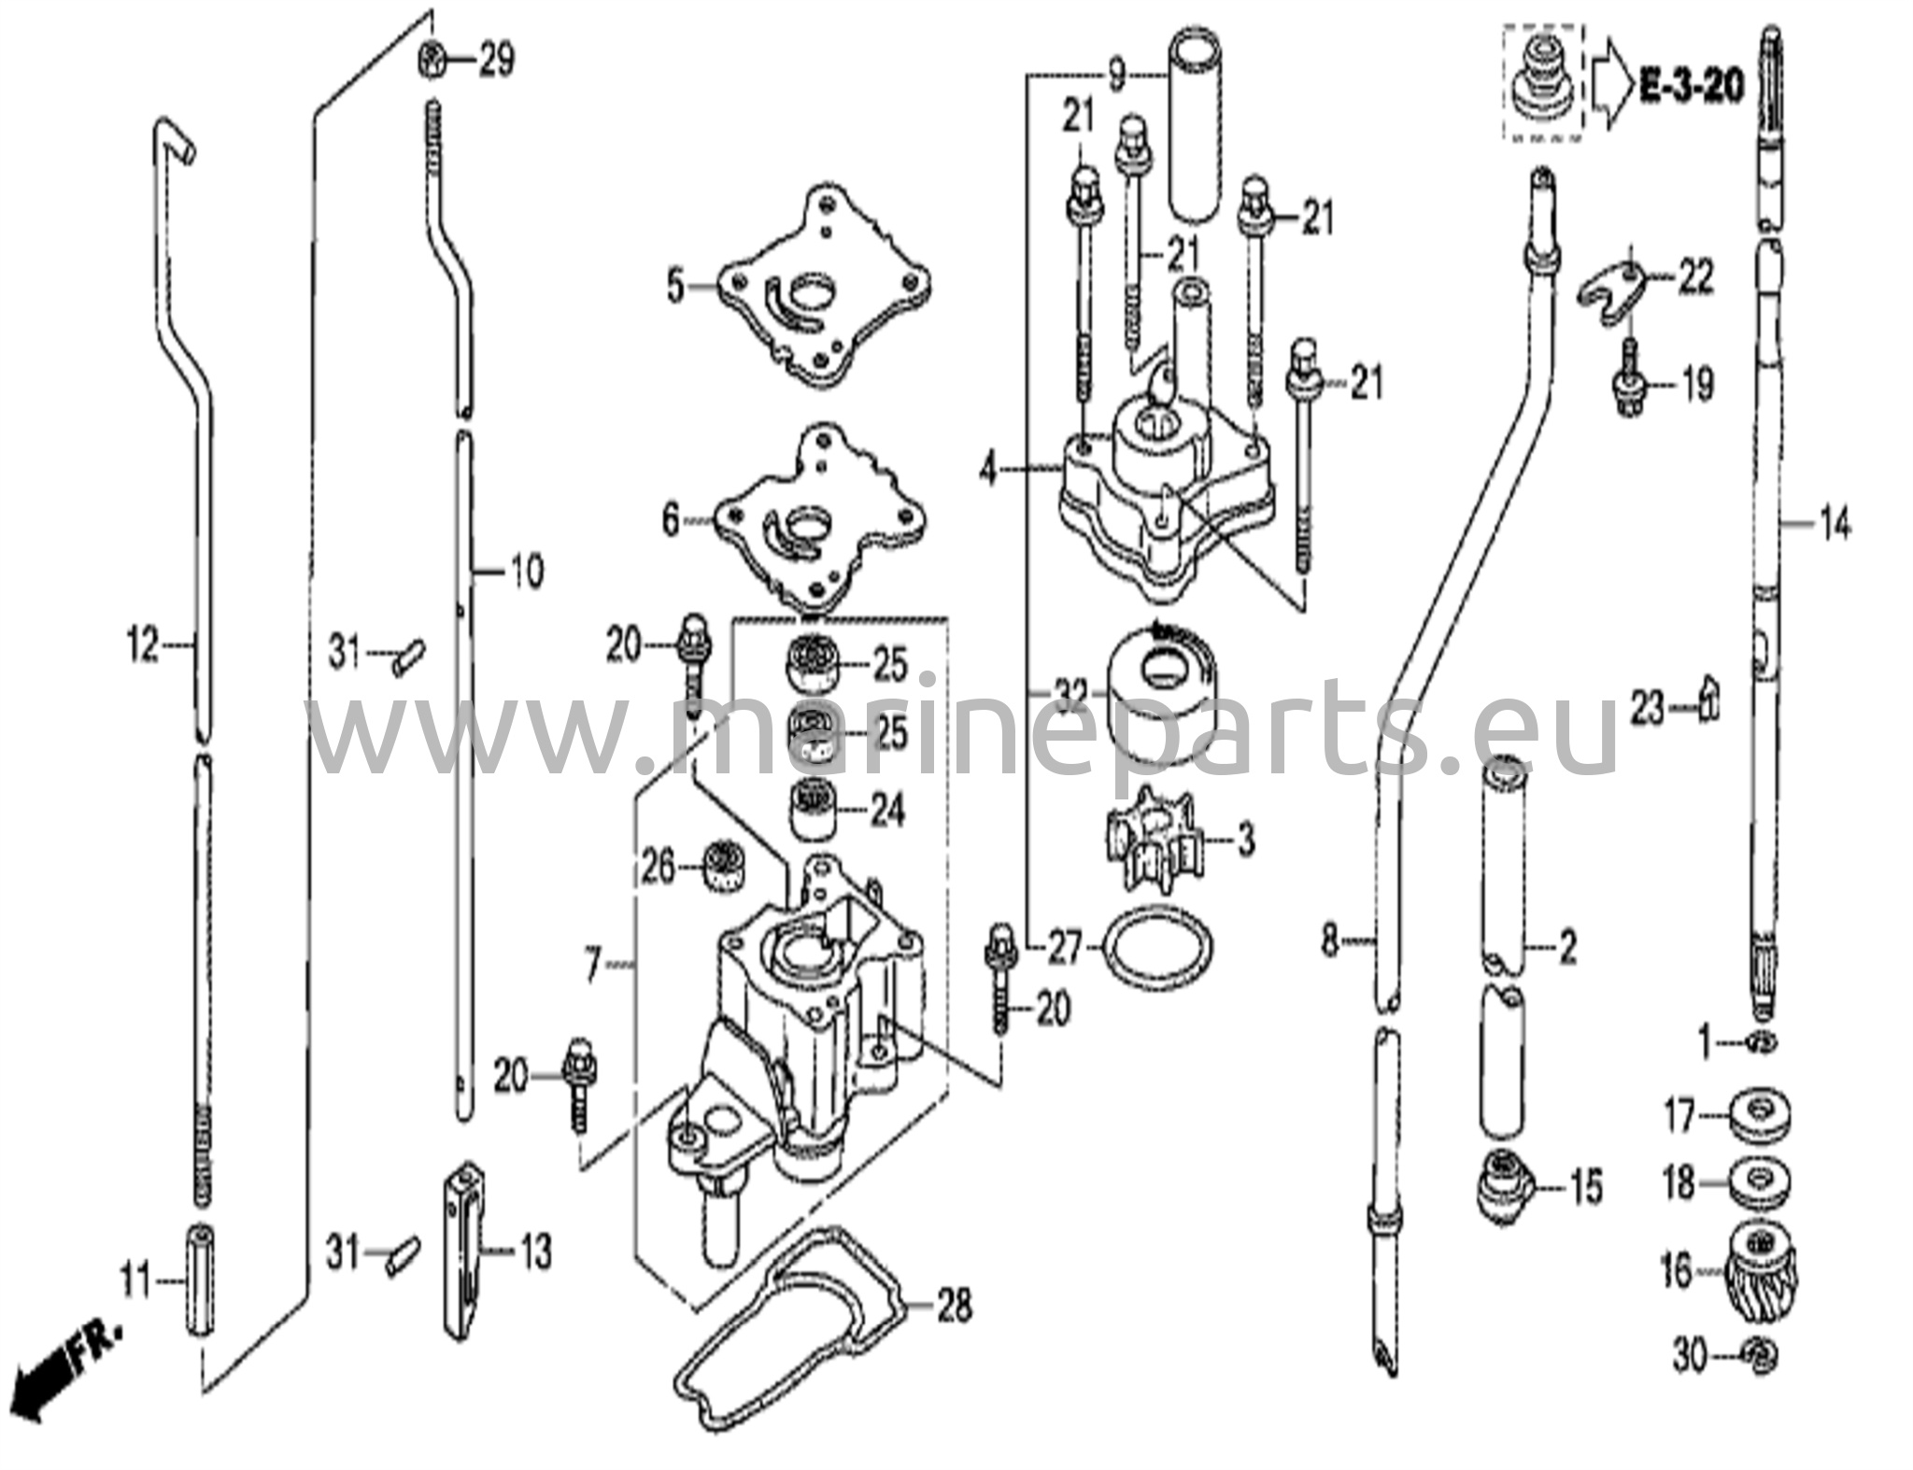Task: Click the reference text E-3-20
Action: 1691,87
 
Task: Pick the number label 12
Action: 142,644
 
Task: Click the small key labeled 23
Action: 1708,710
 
